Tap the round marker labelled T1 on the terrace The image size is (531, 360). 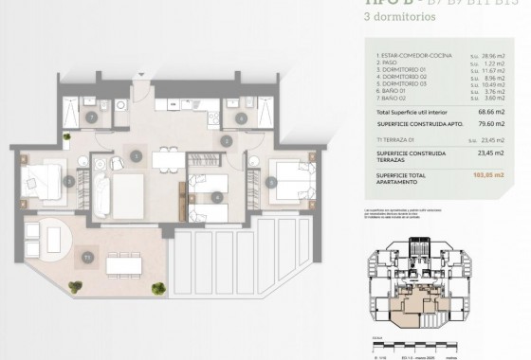(86, 256)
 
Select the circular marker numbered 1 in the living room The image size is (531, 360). (137, 155)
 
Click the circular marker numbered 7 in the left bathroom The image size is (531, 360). (89, 117)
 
